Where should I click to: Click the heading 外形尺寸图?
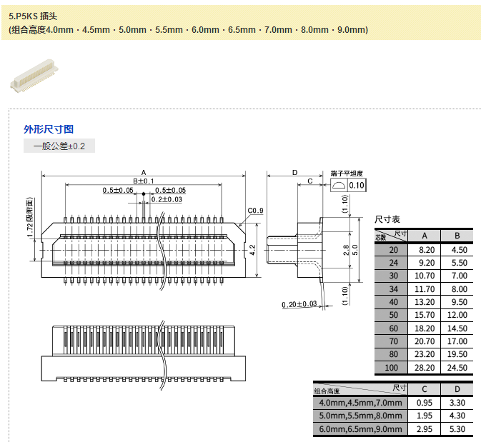[x=49, y=129]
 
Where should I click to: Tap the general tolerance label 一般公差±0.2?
[x=59, y=146]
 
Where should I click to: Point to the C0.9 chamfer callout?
[x=256, y=211]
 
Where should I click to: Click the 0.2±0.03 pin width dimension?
[x=167, y=199]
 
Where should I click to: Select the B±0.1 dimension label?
[x=144, y=181]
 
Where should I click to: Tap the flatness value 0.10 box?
[x=357, y=186]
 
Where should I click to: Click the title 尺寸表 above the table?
[x=388, y=219]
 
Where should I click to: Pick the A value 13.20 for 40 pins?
[x=425, y=302]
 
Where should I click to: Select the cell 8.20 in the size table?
[x=425, y=250]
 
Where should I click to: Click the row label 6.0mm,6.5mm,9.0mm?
[x=360, y=428]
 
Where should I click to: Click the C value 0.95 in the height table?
[x=425, y=403]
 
